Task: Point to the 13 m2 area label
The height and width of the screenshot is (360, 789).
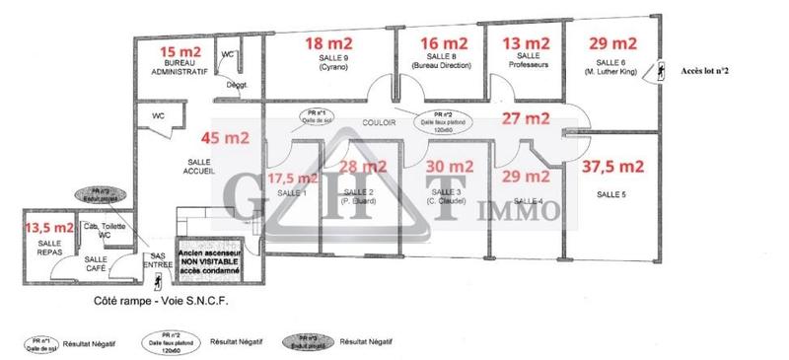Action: [x=527, y=42]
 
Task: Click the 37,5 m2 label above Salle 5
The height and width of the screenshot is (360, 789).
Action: [x=612, y=165]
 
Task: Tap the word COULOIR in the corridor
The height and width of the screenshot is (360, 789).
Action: [x=380, y=124]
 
